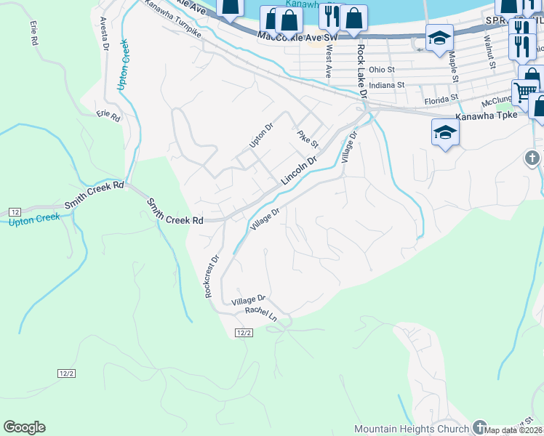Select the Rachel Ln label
261,313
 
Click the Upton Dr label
261,136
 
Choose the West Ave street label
329,62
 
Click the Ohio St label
381,70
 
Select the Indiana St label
385,85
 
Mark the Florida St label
442,97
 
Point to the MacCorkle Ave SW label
298,36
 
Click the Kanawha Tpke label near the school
487,116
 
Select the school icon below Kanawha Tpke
445,132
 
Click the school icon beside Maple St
439,38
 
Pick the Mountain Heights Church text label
412,429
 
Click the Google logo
24,427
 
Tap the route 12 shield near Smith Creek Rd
15,211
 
